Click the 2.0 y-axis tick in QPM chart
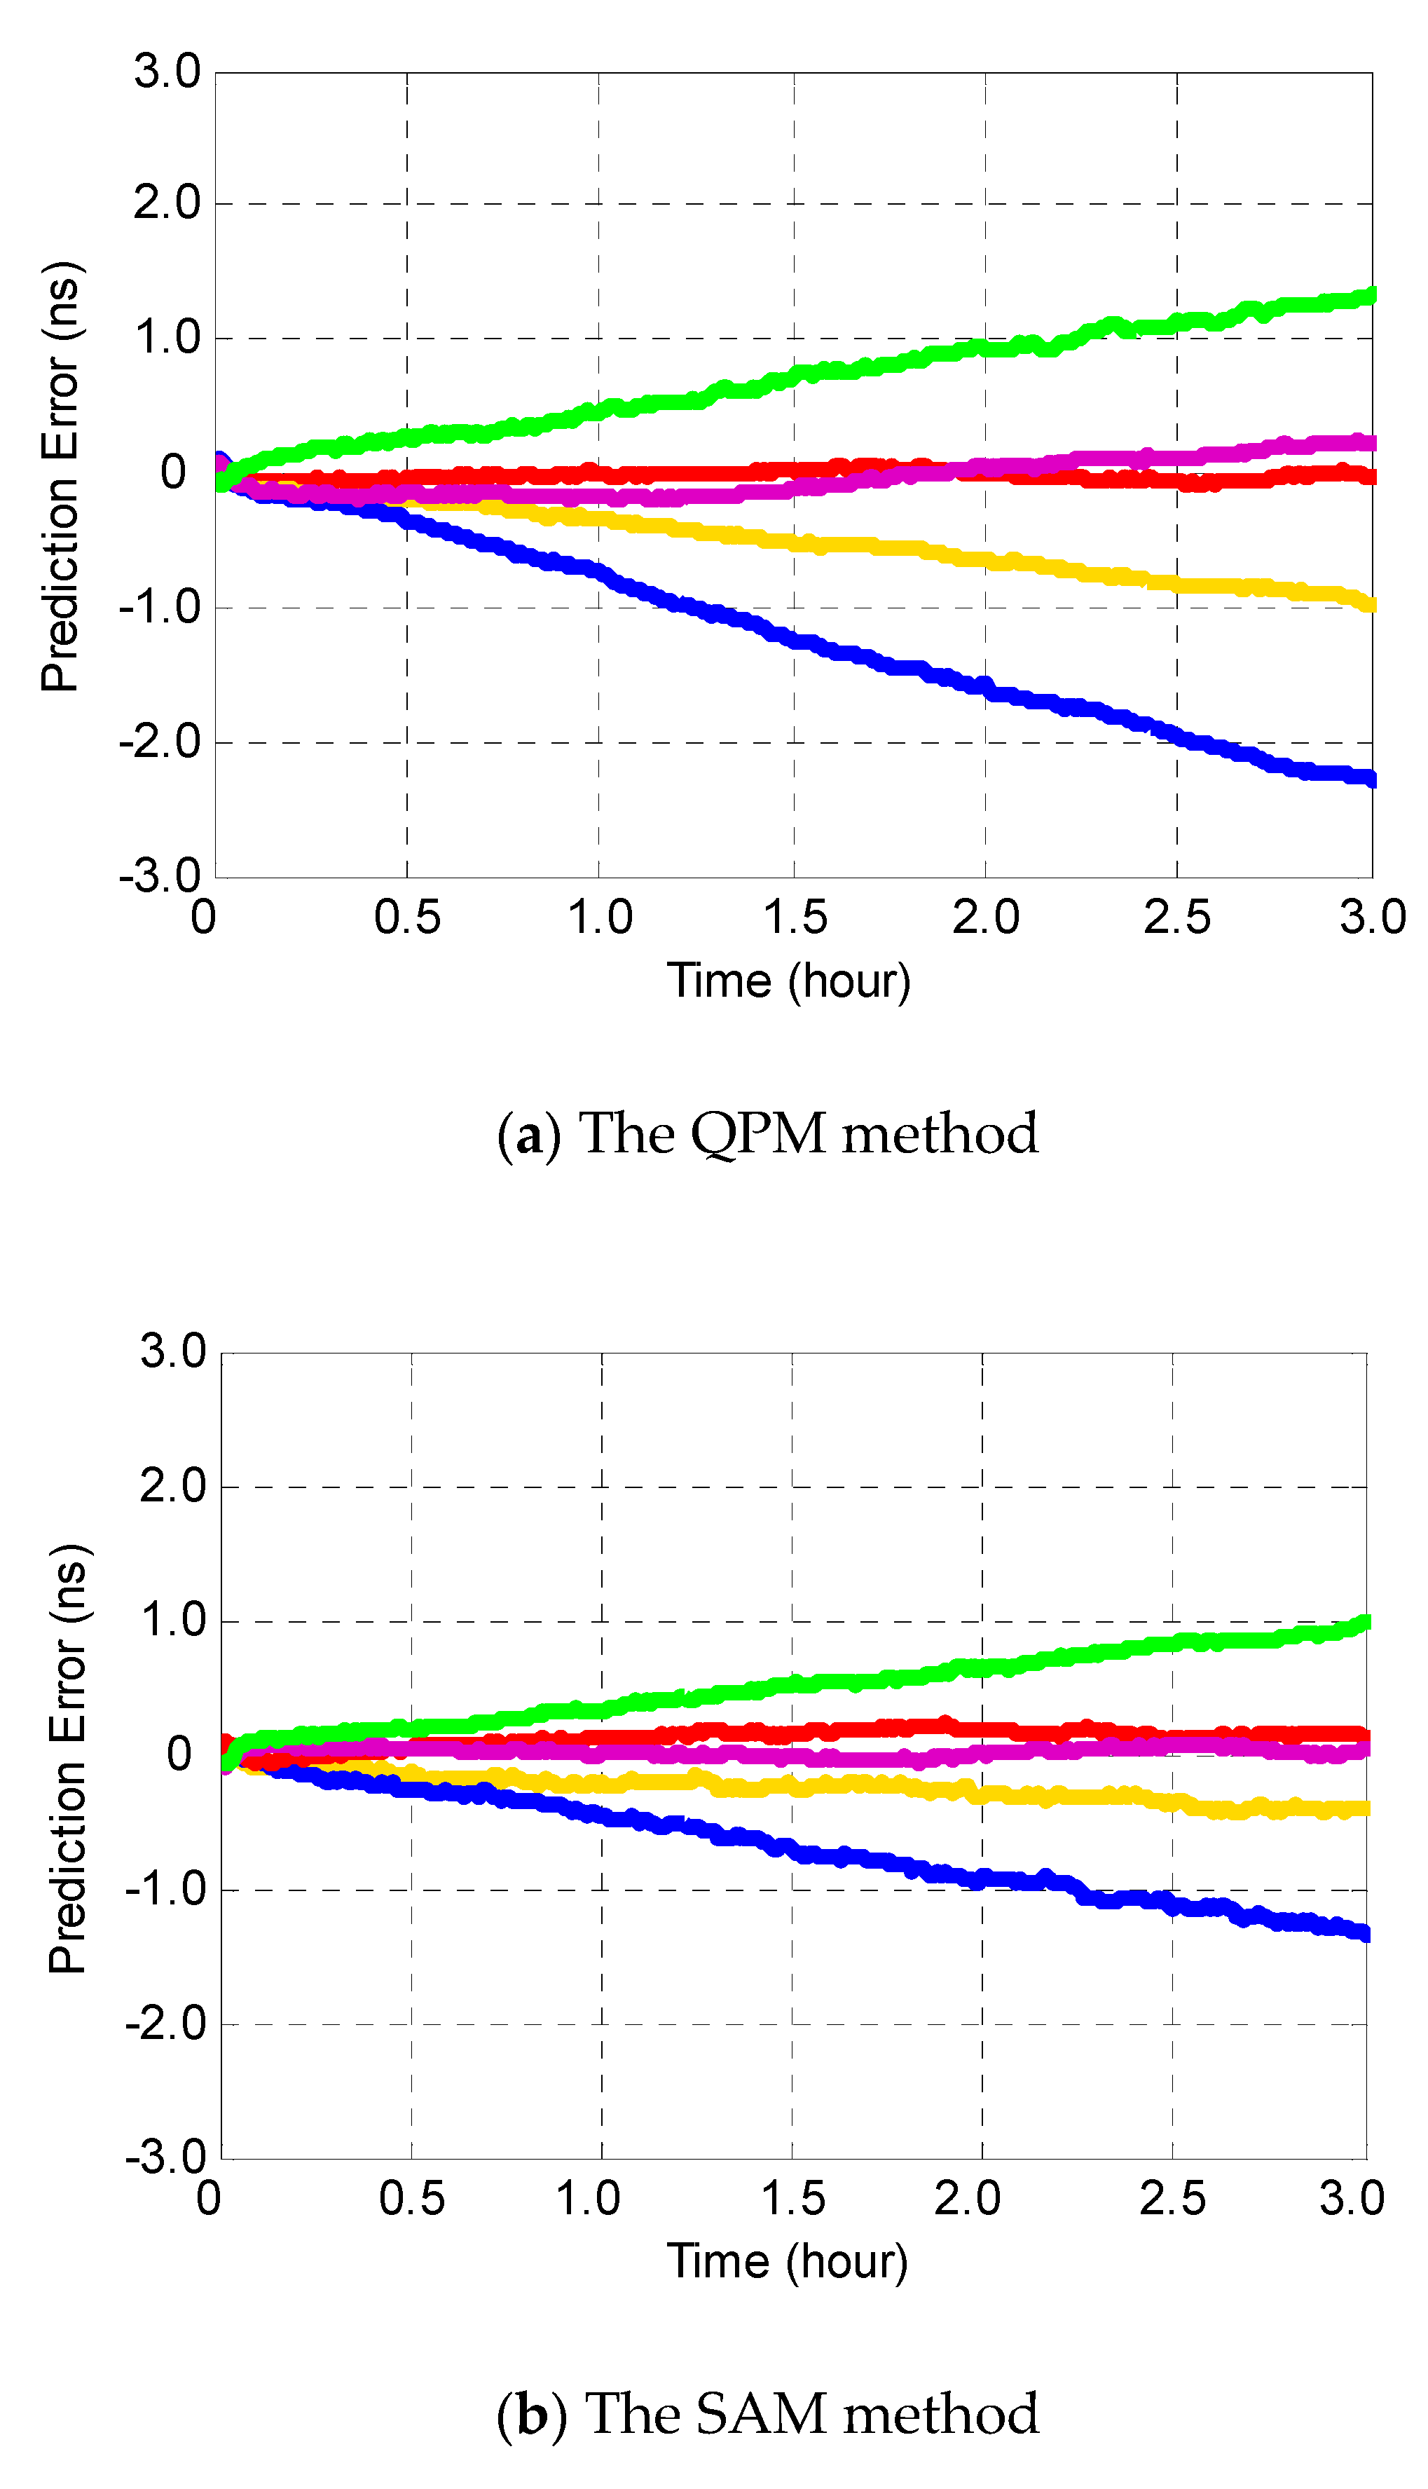pyautogui.click(x=167, y=204)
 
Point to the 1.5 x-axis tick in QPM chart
pyautogui.click(x=795, y=918)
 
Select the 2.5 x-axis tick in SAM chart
pyautogui.click(x=1172, y=2199)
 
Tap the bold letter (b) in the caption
pyautogui.click(x=530, y=2415)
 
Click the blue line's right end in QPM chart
pyautogui.click(x=1371, y=779)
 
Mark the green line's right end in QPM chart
pyautogui.click(x=1371, y=294)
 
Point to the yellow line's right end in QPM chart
pyautogui.click(x=1371, y=604)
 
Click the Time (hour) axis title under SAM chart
pyautogui.click(x=788, y=2261)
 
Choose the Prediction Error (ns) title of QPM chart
pyautogui.click(x=61, y=477)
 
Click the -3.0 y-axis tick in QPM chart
pyautogui.click(x=160, y=875)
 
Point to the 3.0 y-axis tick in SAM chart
pyautogui.click(x=172, y=1352)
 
